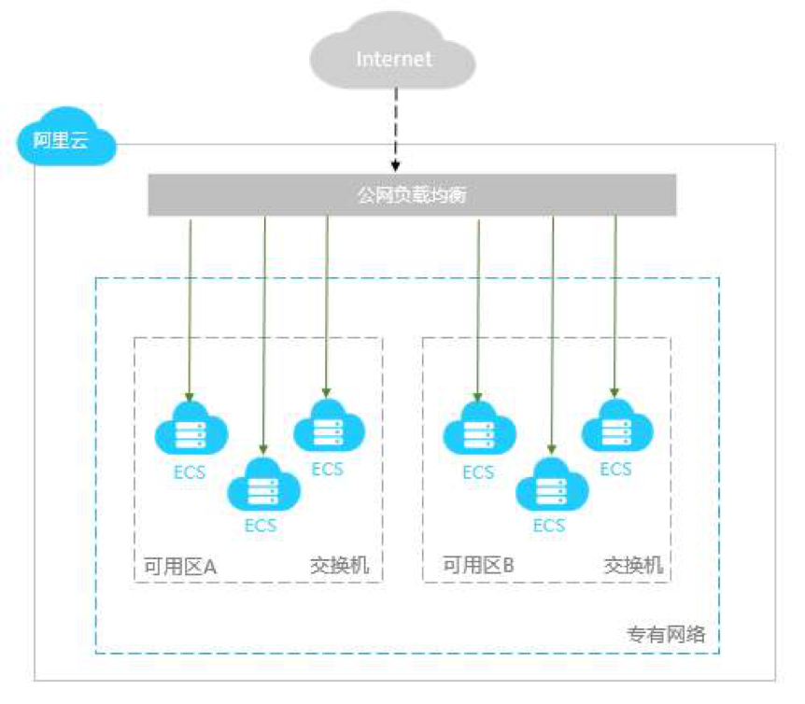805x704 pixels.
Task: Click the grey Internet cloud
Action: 393,59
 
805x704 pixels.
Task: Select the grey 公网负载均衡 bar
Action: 412,196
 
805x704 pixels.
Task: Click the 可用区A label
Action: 180,566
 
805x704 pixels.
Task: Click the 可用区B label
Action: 478,566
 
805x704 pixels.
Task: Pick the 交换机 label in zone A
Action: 339,566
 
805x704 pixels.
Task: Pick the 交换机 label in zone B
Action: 633,566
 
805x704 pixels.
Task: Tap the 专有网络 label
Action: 665,635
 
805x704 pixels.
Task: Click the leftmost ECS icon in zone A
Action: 191,430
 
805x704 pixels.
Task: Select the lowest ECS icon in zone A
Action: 263,485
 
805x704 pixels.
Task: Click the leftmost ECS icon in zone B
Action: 478,430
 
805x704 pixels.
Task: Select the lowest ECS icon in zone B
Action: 551,485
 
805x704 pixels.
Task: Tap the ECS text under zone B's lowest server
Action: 549,526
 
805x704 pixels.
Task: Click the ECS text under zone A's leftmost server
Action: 190,472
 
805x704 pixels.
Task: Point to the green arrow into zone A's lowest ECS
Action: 264,336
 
